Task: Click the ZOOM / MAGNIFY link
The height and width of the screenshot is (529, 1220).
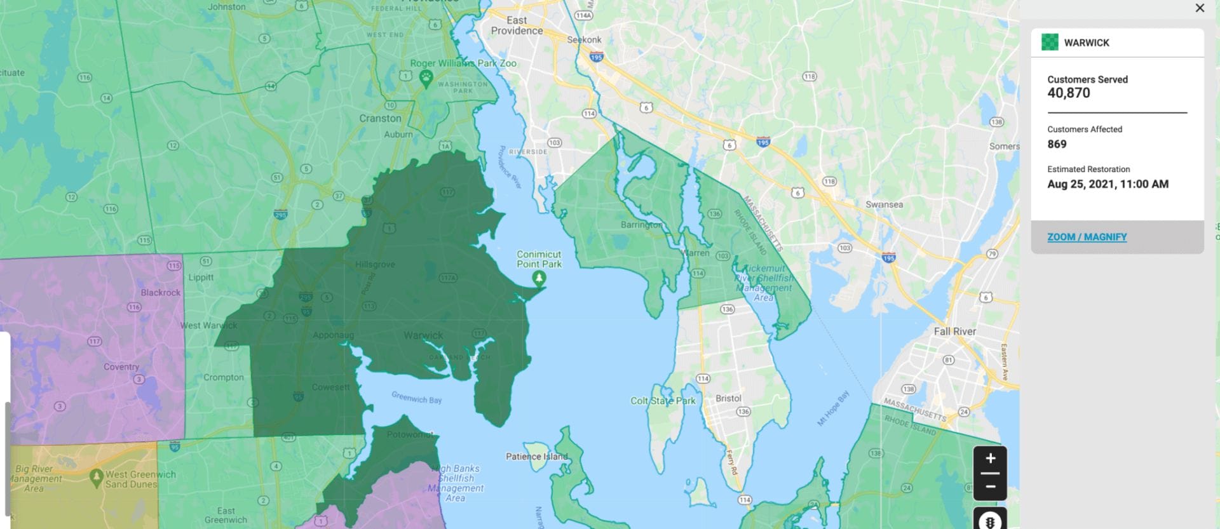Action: [1087, 237]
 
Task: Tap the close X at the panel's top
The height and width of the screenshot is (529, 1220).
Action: [1200, 8]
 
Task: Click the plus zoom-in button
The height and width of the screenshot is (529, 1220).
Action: [990, 459]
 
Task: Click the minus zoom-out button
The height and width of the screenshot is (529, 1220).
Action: [990, 487]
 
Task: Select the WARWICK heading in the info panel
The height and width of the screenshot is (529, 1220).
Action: [1087, 43]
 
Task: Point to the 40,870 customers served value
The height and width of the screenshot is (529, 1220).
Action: [1069, 93]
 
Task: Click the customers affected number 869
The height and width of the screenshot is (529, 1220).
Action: [1057, 144]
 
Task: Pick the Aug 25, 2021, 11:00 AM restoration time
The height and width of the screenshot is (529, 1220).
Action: [1108, 184]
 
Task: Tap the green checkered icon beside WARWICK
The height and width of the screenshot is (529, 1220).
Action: [1050, 43]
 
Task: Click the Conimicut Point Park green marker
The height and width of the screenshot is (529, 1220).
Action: [539, 278]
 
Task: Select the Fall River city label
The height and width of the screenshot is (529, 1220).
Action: [954, 331]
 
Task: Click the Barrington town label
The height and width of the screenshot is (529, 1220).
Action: [641, 225]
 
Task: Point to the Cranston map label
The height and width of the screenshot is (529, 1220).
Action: [380, 118]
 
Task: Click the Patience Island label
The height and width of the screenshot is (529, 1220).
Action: [536, 456]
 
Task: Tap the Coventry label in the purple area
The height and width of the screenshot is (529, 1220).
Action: [121, 366]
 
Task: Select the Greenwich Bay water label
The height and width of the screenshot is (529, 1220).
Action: [416, 398]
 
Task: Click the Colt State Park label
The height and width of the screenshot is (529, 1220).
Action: [663, 401]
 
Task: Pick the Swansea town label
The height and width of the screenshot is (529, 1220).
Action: [884, 204]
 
